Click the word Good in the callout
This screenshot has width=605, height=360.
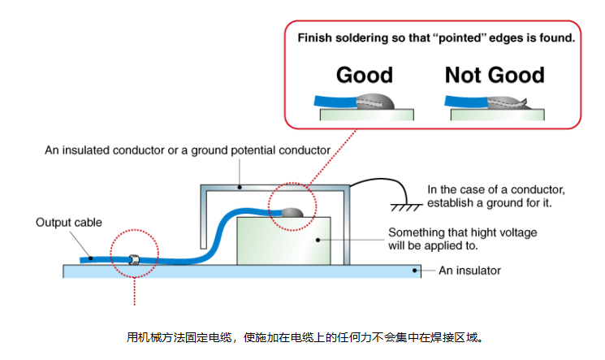click(364, 76)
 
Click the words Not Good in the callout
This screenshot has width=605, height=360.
click(494, 76)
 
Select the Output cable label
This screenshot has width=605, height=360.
click(67, 222)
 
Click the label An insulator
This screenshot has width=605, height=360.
click(470, 271)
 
